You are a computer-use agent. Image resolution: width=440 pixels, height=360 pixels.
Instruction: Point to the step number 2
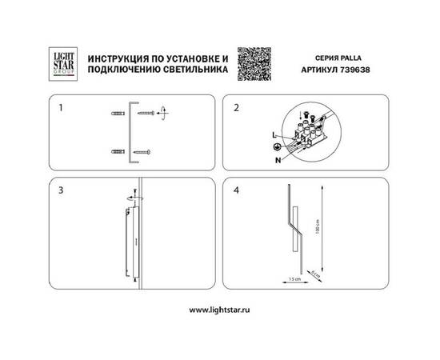(236, 107)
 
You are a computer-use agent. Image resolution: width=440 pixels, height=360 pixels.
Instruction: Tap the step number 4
(236, 191)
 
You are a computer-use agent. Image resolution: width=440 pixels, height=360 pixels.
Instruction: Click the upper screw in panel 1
(146, 116)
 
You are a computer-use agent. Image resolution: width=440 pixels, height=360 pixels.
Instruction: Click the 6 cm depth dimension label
(315, 275)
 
